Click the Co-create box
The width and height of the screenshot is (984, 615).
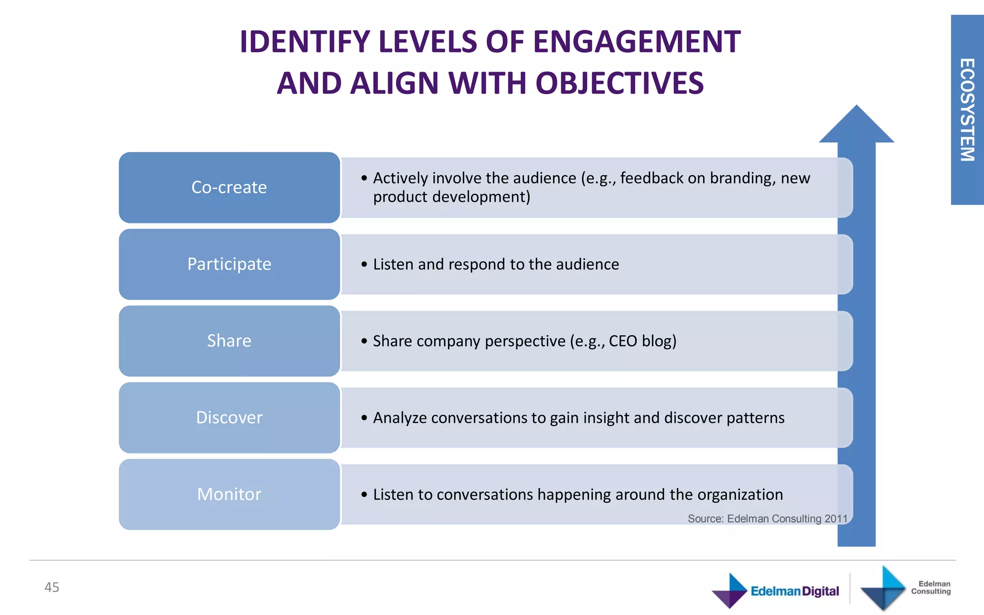coord(229,187)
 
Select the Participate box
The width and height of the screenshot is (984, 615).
coord(229,264)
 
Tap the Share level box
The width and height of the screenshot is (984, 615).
coord(229,341)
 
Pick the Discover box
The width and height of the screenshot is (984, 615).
coord(229,418)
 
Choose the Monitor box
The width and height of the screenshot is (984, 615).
coord(229,494)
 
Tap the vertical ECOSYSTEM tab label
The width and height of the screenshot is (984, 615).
coord(967,110)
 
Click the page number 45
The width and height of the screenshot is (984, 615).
coord(52,587)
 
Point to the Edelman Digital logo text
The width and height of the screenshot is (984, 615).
coord(795,591)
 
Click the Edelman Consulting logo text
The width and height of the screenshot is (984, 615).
coord(931,588)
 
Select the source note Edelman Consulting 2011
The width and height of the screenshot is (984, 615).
coord(767,519)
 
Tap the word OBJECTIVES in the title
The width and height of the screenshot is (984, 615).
coord(619,83)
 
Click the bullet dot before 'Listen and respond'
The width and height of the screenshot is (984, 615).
coord(364,264)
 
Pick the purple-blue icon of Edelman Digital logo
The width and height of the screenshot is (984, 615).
coord(729,590)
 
